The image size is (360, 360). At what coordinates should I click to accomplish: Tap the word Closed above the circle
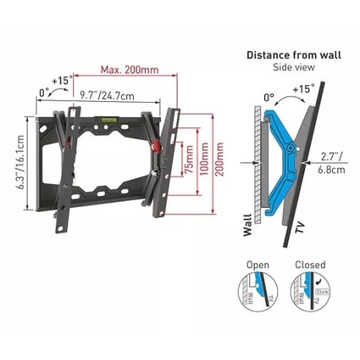[x=310, y=265]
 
